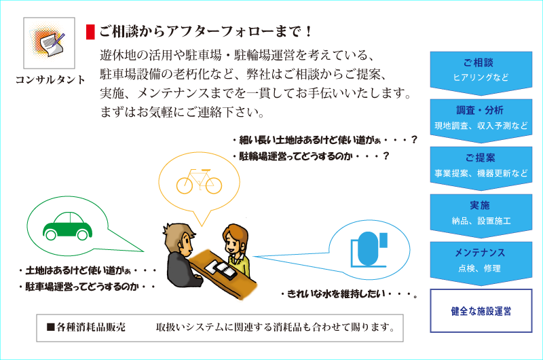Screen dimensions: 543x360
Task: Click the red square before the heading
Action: tap(90, 32)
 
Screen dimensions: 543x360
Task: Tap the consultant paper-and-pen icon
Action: tap(49, 43)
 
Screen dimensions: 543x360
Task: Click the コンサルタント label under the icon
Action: tap(50, 79)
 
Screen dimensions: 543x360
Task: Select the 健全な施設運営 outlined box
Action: tap(481, 311)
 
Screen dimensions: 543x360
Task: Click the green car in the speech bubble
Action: tap(67, 226)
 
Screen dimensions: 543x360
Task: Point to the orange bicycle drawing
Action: tap(199, 181)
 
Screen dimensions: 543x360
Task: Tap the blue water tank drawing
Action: tap(369, 249)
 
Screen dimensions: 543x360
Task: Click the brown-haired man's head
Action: tap(179, 239)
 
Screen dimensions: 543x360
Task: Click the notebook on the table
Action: tap(221, 270)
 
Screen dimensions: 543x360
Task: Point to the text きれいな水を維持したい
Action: tap(336, 294)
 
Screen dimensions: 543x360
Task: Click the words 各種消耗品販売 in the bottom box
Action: tap(91, 327)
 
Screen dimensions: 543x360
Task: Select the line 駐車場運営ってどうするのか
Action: tap(82, 287)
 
